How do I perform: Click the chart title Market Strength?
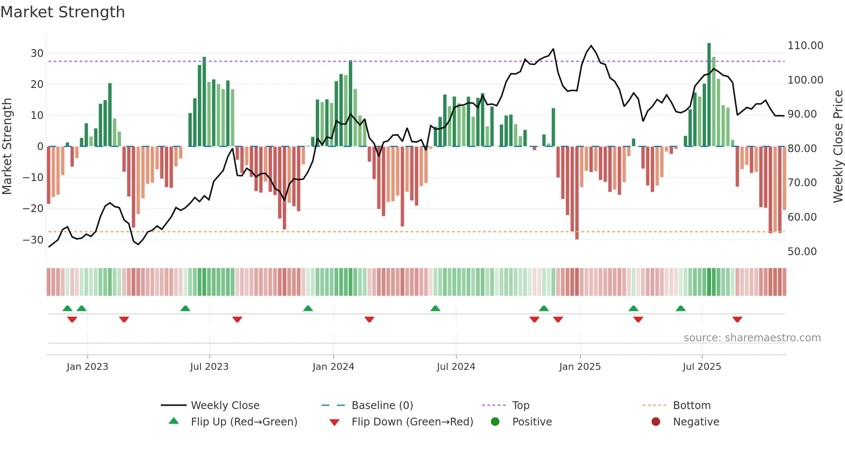click(63, 12)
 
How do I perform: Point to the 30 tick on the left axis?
click(37, 53)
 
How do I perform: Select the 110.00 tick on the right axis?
click(805, 46)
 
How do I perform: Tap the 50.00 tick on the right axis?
click(802, 252)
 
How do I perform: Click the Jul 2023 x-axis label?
click(209, 367)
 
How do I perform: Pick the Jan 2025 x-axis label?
click(579, 367)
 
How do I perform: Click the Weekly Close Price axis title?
click(838, 147)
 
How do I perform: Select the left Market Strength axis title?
click(7, 147)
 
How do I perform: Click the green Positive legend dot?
click(495, 422)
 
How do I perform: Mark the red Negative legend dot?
click(656, 422)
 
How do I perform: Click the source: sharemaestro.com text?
click(752, 338)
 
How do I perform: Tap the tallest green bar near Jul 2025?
click(709, 95)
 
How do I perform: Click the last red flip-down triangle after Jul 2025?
click(737, 319)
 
